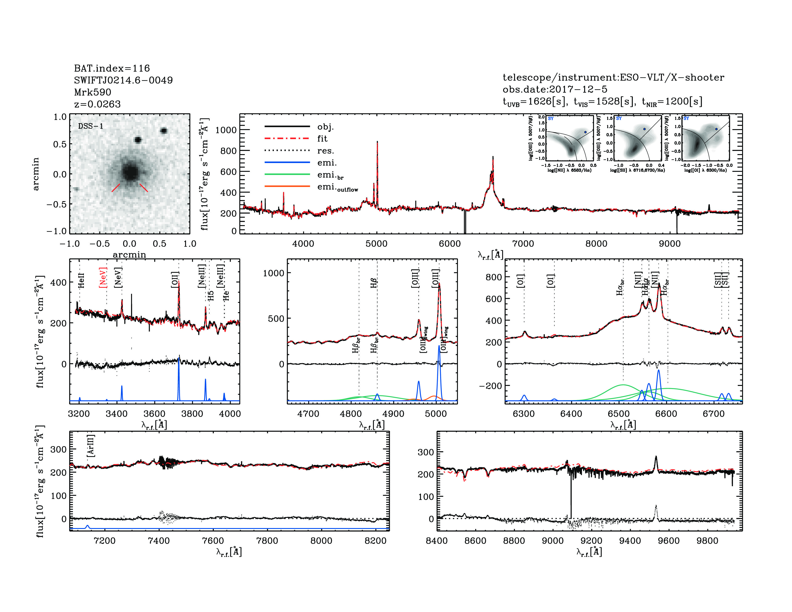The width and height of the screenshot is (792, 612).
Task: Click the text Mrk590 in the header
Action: point(92,92)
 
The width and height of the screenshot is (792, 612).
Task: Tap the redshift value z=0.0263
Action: point(97,104)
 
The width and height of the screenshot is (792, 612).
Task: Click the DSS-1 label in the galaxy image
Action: point(91,126)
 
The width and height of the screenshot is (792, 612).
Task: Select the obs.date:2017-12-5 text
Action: point(555,89)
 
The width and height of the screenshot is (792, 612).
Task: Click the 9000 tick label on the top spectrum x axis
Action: point(669,244)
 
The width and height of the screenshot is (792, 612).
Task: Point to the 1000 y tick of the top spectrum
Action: point(226,130)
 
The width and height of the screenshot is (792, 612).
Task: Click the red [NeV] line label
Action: point(103,278)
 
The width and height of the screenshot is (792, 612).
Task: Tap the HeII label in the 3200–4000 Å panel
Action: point(81,280)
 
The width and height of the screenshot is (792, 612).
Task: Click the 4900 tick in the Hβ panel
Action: point(393,414)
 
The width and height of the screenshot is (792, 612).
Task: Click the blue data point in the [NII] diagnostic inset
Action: point(585,132)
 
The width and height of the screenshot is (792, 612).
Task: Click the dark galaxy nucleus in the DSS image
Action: point(130,172)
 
